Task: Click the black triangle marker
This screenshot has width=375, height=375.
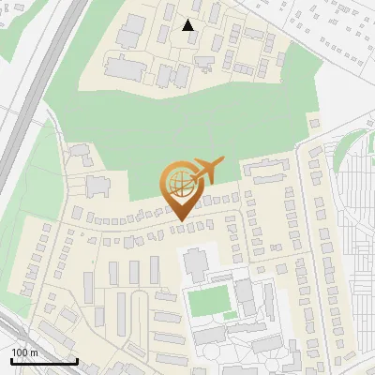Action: tap(188, 25)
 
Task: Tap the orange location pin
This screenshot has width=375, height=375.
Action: tap(185, 188)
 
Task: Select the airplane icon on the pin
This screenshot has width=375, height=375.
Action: tap(206, 170)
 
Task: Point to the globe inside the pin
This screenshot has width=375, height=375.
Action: tap(181, 181)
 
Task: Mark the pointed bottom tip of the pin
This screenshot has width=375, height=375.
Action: tap(181, 219)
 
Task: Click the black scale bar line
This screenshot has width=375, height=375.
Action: tap(43, 361)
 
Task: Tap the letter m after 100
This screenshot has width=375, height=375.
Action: tap(34, 352)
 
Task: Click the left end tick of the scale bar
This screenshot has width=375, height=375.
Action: tap(10, 359)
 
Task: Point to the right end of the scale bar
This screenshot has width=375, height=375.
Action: tap(77, 359)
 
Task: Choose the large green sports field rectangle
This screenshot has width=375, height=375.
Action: tap(208, 301)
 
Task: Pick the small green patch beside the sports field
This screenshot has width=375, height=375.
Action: tap(230, 315)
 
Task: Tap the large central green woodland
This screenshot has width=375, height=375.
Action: tap(169, 131)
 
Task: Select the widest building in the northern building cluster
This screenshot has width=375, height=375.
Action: tap(122, 67)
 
